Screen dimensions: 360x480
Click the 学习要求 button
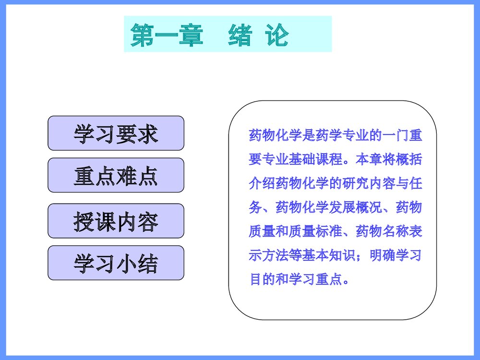[x=116, y=133]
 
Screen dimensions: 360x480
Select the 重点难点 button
[x=116, y=176]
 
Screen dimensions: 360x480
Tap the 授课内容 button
[x=116, y=221]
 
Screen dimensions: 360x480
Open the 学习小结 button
[x=116, y=263]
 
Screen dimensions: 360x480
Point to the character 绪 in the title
[x=240, y=35]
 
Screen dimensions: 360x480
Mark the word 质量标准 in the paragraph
[x=315, y=232]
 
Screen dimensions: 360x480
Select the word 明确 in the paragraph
[x=382, y=256]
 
